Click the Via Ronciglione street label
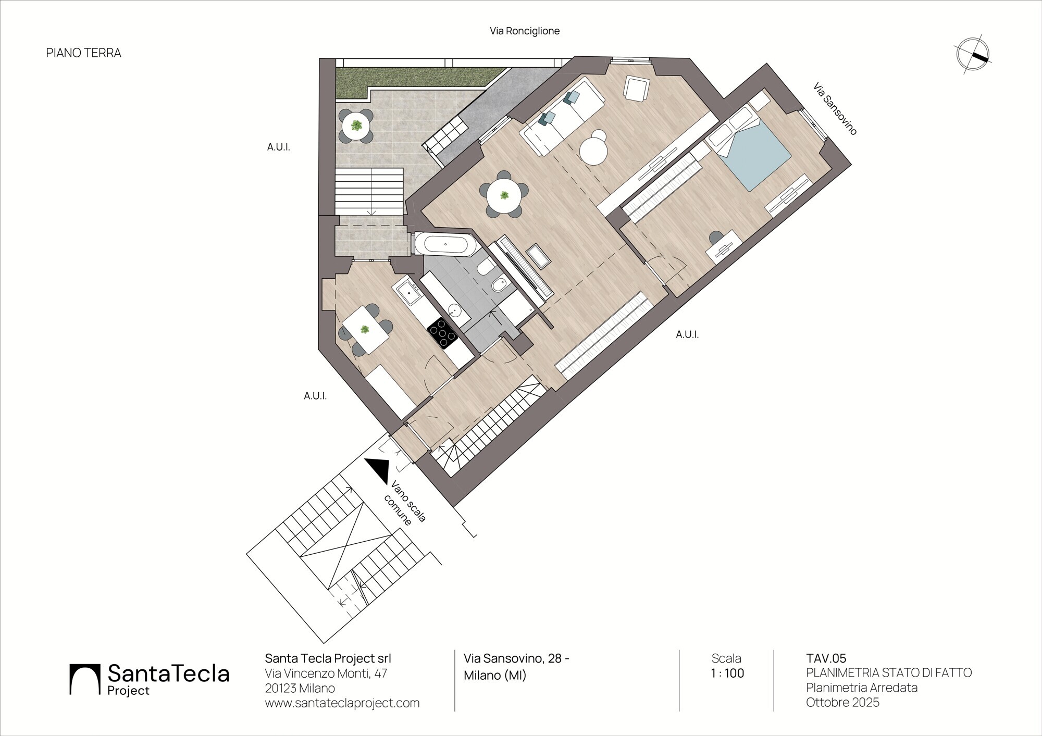coord(525,31)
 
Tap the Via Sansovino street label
coord(835,109)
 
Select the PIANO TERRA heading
coord(84,53)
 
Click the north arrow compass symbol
coord(973,54)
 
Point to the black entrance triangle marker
coord(378,470)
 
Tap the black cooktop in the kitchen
coord(442,332)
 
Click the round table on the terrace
coord(356,126)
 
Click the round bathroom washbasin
coord(455,311)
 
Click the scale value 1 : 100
coord(727,673)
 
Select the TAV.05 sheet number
coord(826,658)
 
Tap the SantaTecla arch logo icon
coord(84,679)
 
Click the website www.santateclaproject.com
coord(342,703)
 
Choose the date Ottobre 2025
coord(842,702)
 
